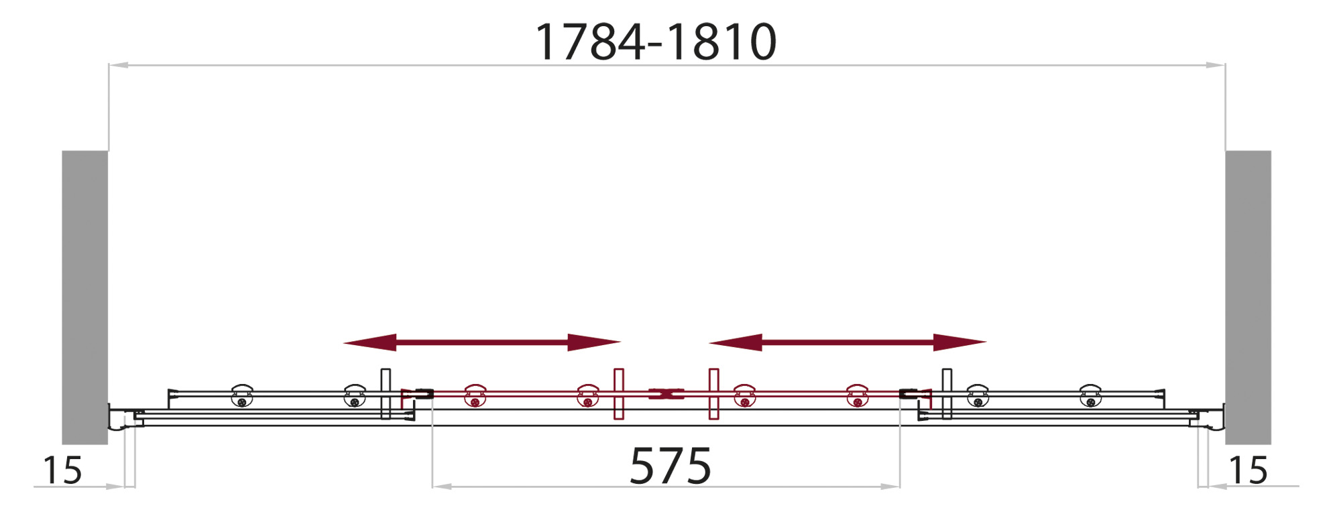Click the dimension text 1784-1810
pos(656,42)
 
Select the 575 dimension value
pos(670,466)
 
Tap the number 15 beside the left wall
pos(62,470)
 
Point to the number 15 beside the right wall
pos(1248,470)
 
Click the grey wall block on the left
pos(85,297)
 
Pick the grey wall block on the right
pos(1248,297)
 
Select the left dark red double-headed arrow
pos(482,342)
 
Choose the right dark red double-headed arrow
pos(848,342)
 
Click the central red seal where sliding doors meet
pos(666,394)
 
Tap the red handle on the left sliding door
pos(619,394)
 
